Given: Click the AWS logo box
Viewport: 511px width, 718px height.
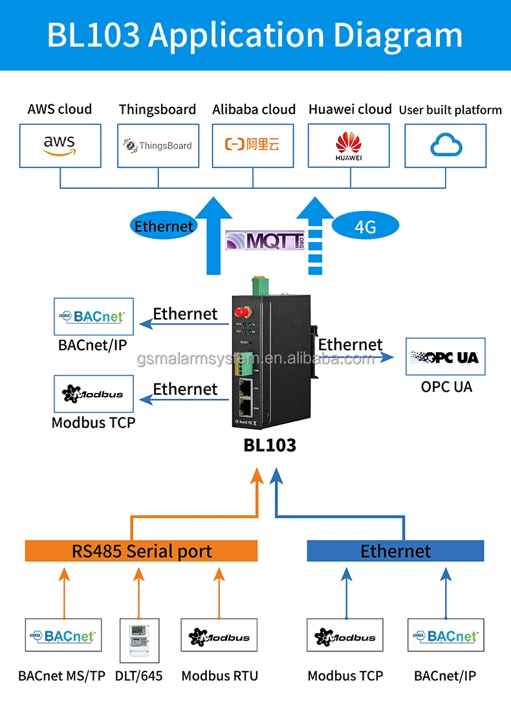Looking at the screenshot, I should pyautogui.click(x=60, y=145).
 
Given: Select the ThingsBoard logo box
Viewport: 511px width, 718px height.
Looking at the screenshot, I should pyautogui.click(x=157, y=145).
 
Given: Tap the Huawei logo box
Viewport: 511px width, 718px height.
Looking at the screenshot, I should pyautogui.click(x=349, y=145).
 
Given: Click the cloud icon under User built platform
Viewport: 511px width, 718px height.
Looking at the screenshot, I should pyautogui.click(x=445, y=145).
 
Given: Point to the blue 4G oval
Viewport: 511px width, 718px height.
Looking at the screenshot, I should pyautogui.click(x=365, y=226).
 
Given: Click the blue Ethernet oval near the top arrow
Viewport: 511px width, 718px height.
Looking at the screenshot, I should pyautogui.click(x=164, y=226).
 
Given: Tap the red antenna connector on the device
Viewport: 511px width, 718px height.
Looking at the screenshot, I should pyautogui.click(x=243, y=314).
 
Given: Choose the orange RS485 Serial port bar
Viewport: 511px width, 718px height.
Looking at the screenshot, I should pyautogui.click(x=141, y=551).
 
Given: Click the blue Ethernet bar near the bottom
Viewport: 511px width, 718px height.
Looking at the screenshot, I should pyautogui.click(x=395, y=551).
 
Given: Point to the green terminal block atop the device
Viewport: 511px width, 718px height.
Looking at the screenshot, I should pyautogui.click(x=261, y=286).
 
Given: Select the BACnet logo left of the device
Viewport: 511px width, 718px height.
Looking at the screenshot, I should pyautogui.click(x=94, y=317).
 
